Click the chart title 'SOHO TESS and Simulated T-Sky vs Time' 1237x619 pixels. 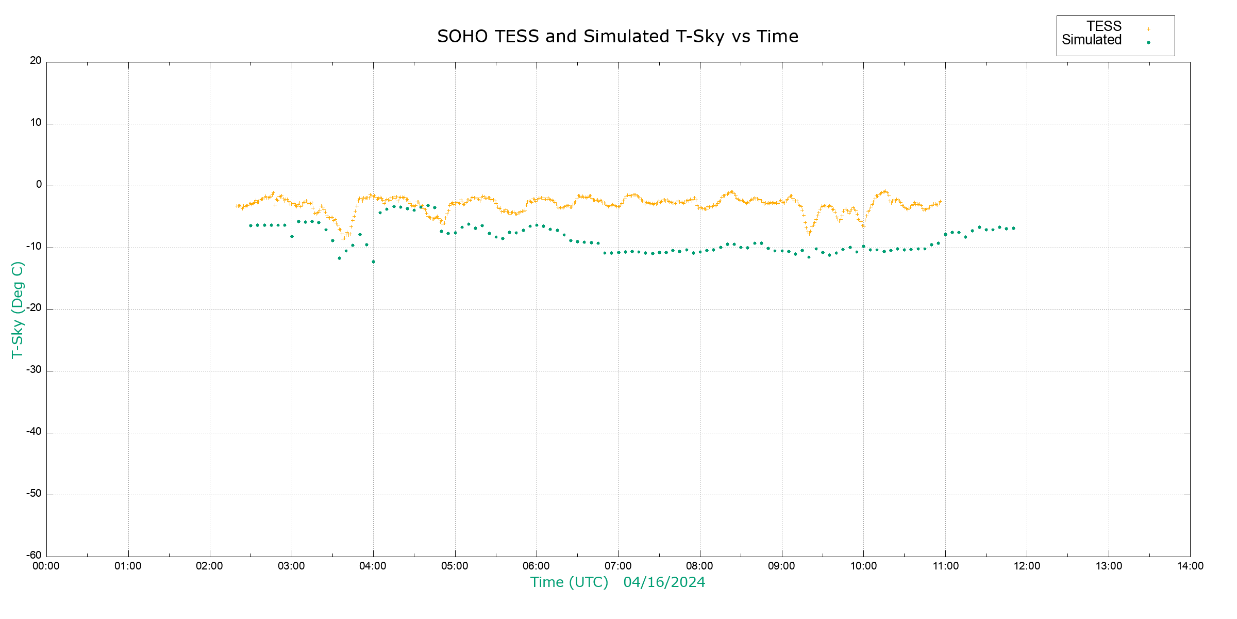click(617, 37)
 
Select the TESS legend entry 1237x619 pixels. click(1104, 26)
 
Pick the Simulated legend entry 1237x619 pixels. click(1092, 40)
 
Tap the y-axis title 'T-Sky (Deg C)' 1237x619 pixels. click(18, 309)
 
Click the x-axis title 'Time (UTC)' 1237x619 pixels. click(569, 582)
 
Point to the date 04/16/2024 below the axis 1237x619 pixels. click(664, 582)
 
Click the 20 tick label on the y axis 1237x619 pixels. click(36, 61)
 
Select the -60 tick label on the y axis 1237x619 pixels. click(34, 556)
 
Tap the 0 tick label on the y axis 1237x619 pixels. click(39, 185)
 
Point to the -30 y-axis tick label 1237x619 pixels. click(34, 370)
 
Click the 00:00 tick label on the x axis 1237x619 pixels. click(46, 566)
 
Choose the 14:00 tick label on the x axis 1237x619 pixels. click(1190, 566)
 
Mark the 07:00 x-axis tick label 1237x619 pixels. click(618, 566)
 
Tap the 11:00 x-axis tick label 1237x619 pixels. click(945, 566)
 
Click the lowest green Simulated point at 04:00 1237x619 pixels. click(373, 262)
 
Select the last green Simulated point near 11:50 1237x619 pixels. click(1013, 228)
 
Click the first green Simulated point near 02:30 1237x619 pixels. click(250, 225)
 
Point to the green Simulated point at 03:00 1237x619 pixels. click(292, 236)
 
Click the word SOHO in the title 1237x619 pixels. click(462, 37)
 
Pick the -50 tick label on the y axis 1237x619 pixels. click(34, 494)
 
